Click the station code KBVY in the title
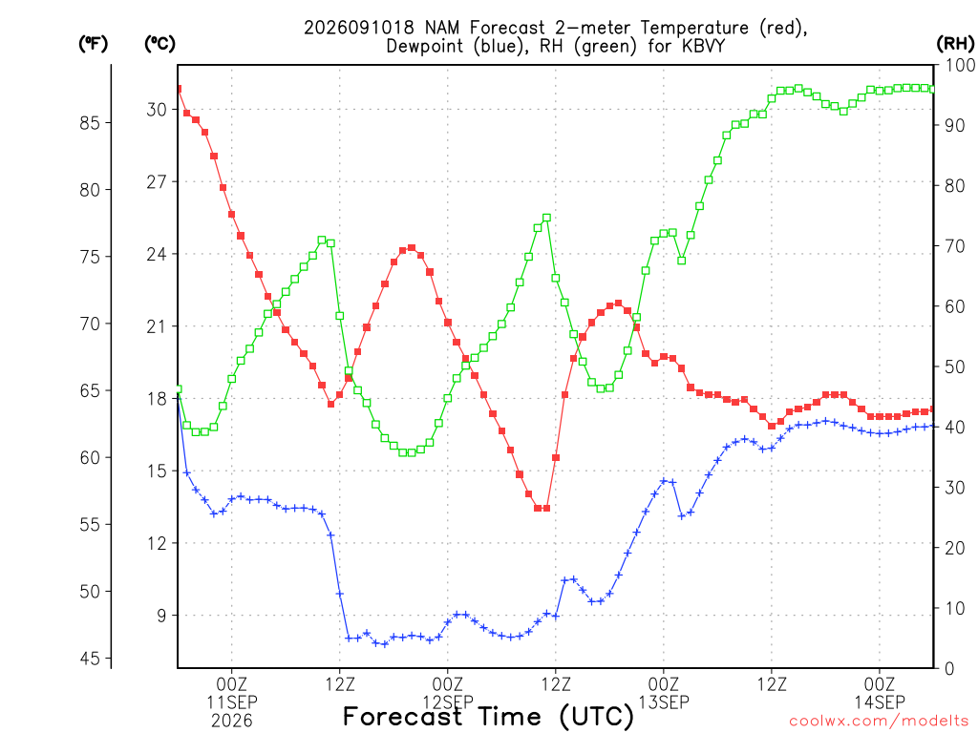coord(702,46)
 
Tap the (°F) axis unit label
coord(93,44)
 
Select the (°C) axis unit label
coord(159,44)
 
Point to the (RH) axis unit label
coord(955,43)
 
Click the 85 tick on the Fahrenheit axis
coord(90,123)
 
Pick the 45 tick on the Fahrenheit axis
coord(90,659)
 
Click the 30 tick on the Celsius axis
coord(157,109)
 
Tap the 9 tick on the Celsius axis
coord(161,616)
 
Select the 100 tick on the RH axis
coord(960,65)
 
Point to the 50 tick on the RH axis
coord(955,366)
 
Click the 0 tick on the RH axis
coord(949,668)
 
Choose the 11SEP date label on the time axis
coord(232,702)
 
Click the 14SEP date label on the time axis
coord(880,702)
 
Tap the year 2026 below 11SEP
coord(232,722)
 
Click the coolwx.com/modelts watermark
coord(879,721)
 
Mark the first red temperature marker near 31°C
coord(179,89)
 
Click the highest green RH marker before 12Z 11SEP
coord(322,240)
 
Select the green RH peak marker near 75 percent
coord(546,218)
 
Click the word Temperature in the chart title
coord(694,28)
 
